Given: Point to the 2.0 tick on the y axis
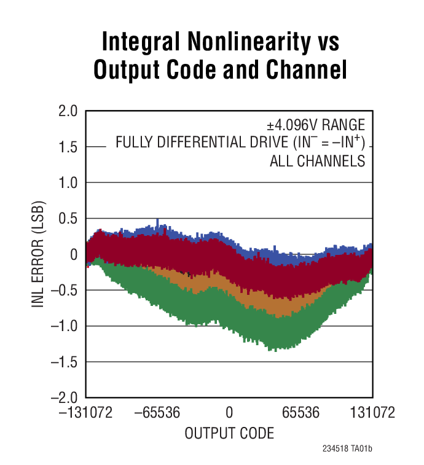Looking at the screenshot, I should pos(68,111).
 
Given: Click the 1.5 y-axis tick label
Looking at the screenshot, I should pos(68,147).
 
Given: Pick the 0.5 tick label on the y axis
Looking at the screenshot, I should pos(68,219).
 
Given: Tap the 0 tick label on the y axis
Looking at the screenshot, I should pos(74,254).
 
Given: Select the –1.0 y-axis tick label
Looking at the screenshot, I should pos(65,326).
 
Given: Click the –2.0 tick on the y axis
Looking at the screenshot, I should pos(65,398).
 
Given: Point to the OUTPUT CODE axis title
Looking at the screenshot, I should pos(229,433).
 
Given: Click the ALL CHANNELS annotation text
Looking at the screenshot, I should pos(318,162).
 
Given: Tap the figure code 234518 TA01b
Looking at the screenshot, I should pos(347,449).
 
